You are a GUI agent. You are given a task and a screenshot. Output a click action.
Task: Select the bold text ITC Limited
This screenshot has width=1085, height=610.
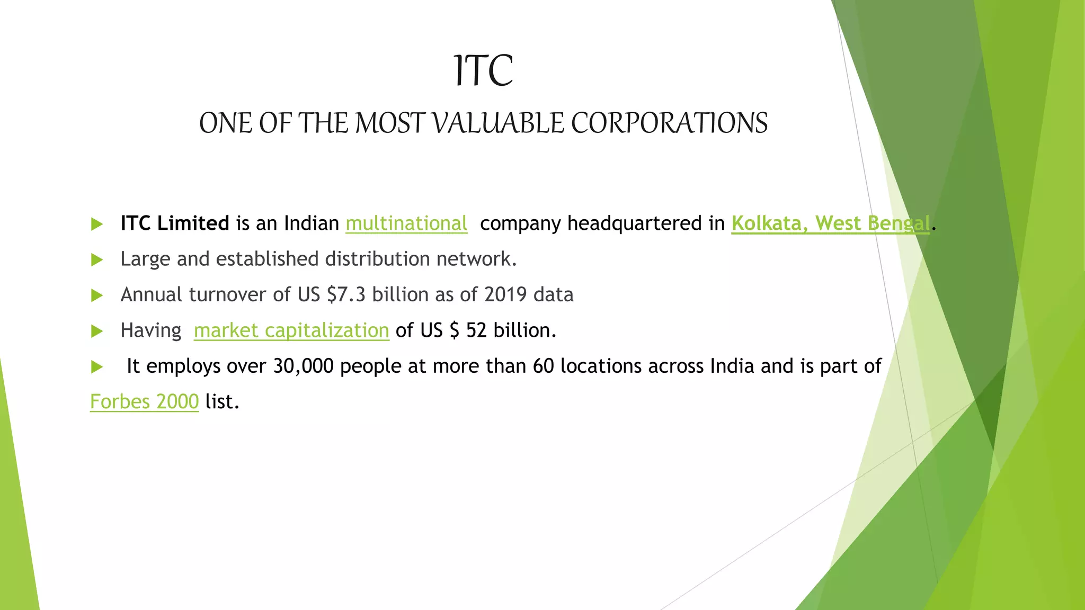(x=174, y=223)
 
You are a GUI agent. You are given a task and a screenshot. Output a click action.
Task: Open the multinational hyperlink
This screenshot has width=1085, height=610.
(x=406, y=223)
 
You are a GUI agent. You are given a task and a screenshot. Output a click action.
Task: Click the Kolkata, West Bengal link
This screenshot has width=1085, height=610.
(x=830, y=223)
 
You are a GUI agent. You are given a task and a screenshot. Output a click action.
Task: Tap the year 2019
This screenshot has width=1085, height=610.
(x=505, y=294)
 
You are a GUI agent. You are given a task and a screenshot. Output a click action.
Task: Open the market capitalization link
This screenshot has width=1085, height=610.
(x=291, y=330)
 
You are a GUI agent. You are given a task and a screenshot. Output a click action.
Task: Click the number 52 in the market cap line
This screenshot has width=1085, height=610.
(x=476, y=330)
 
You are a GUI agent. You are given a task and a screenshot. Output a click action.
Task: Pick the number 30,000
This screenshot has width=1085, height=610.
(x=303, y=366)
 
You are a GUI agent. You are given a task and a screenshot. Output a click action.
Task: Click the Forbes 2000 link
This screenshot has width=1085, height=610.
(x=144, y=402)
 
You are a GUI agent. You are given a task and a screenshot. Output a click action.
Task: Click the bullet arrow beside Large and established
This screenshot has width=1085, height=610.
(x=96, y=259)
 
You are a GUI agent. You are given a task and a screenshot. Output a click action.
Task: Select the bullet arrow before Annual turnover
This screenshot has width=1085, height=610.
(x=96, y=295)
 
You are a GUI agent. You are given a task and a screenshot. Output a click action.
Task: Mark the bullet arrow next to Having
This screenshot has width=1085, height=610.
(x=96, y=331)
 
